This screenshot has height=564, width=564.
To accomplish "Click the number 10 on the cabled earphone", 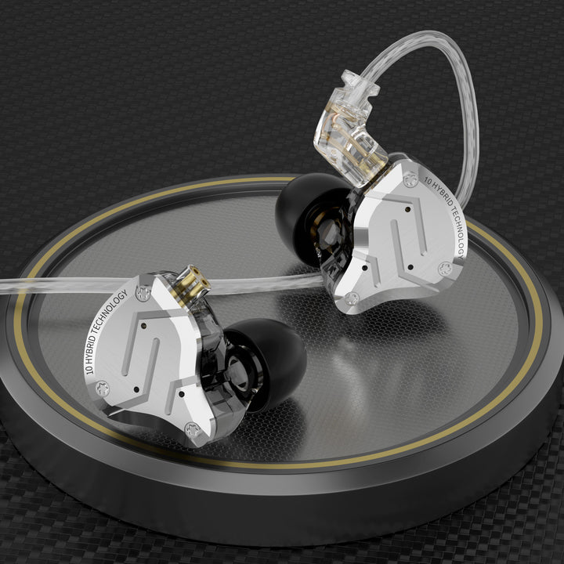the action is [x=427, y=180].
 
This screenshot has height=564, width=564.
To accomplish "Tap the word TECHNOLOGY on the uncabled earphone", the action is [x=110, y=310].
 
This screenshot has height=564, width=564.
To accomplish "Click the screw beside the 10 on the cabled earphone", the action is [x=410, y=179].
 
